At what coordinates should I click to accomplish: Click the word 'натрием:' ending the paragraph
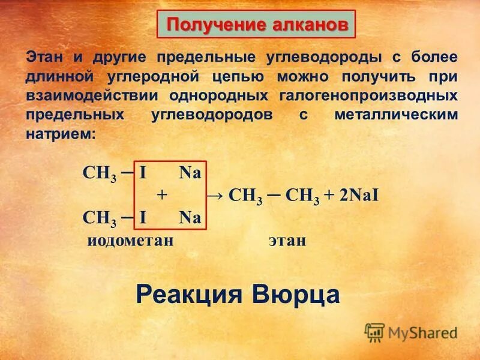60,133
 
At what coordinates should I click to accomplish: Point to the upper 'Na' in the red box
190,174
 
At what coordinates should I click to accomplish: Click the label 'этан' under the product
287,241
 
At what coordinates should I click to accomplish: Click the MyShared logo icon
374,332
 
